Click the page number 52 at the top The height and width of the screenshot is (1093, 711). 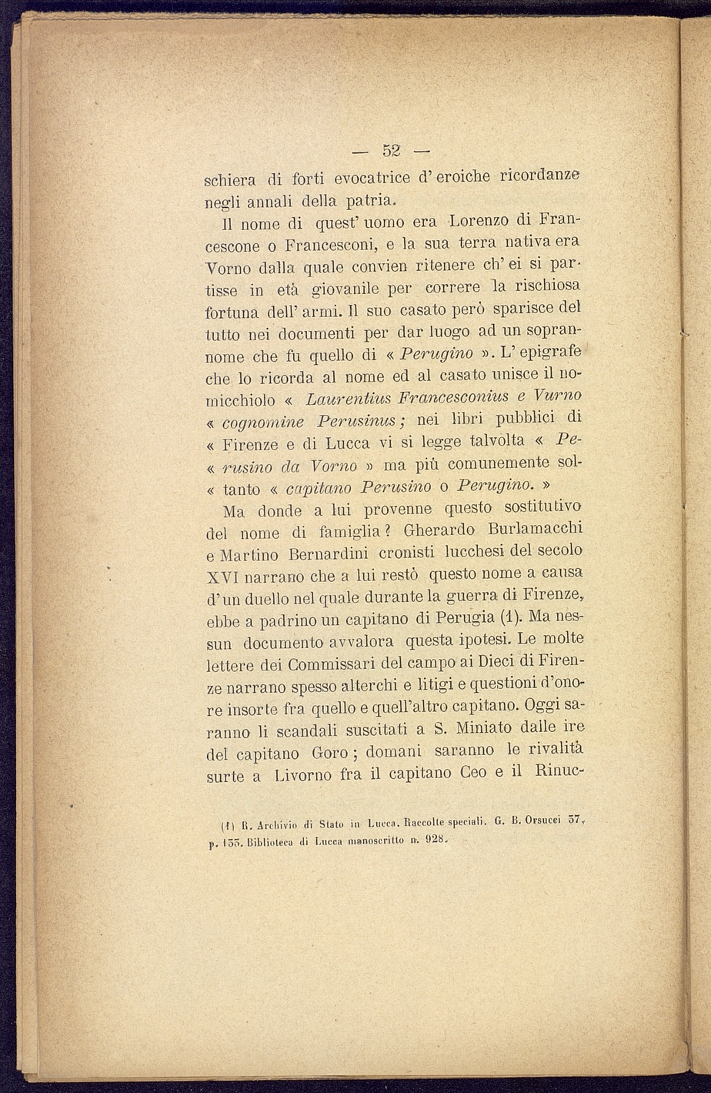point(393,150)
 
